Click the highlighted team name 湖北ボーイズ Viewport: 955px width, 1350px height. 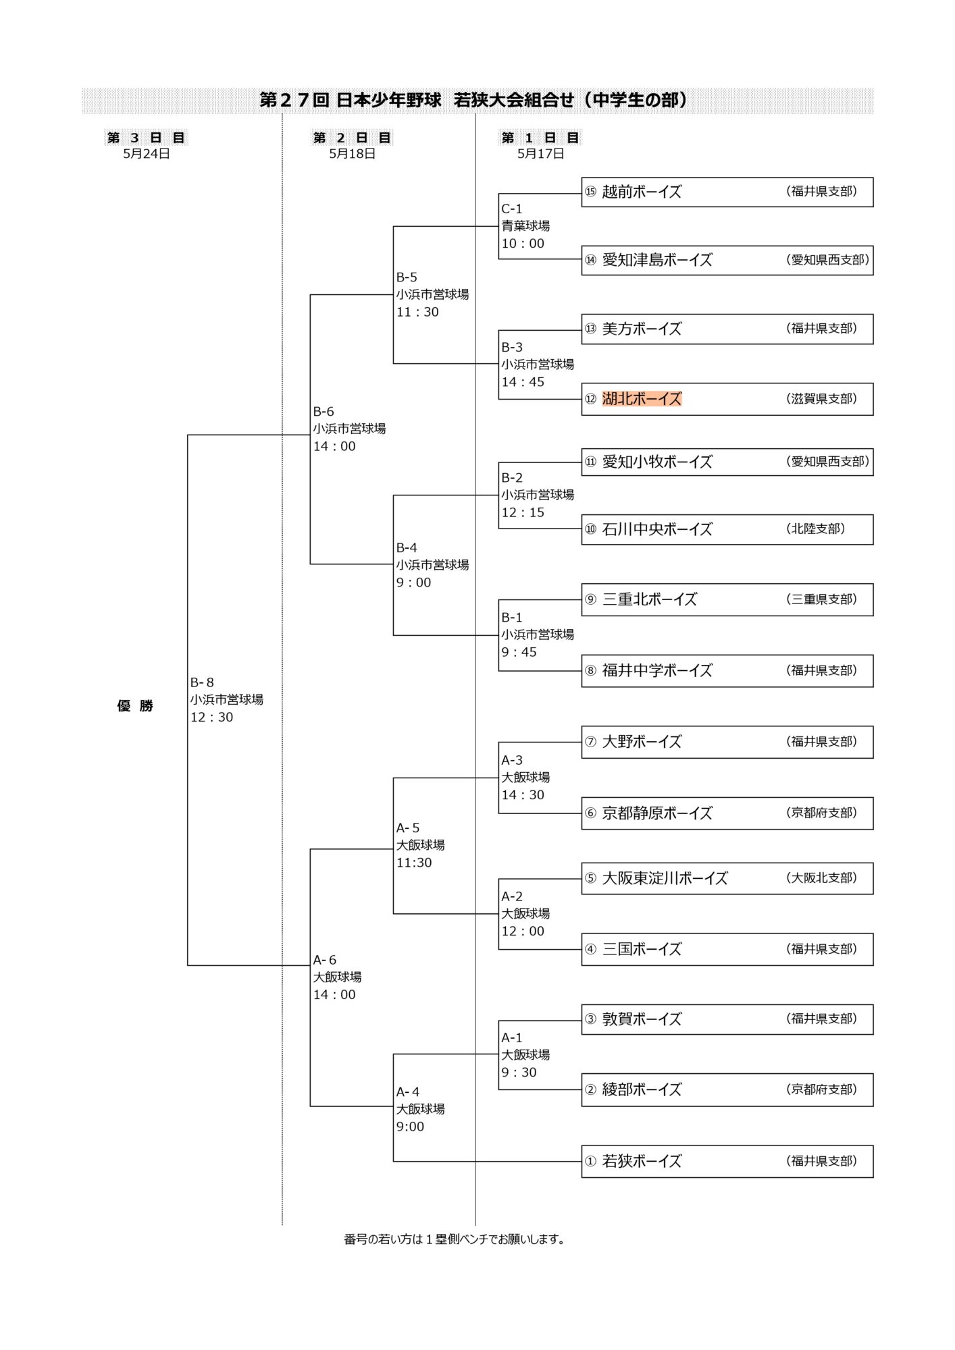(x=642, y=399)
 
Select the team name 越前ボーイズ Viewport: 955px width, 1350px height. (x=642, y=192)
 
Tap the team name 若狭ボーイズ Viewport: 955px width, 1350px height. (x=642, y=1161)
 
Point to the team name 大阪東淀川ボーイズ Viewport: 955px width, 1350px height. (x=665, y=878)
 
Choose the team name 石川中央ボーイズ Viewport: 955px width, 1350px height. (x=657, y=529)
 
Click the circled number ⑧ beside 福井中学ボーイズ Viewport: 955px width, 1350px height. (x=591, y=670)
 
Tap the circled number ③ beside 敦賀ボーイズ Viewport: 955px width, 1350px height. (x=591, y=1019)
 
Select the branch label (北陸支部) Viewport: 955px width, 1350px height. (x=816, y=529)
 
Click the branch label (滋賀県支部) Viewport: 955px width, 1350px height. (x=821, y=398)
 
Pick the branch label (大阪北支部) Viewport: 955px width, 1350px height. (x=821, y=878)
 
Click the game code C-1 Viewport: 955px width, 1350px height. (x=511, y=209)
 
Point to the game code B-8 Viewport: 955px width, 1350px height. (x=202, y=682)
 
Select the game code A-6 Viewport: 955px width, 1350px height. (x=324, y=960)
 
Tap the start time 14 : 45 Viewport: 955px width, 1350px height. (x=523, y=382)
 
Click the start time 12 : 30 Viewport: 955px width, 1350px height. (x=211, y=718)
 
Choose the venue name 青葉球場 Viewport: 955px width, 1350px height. (x=525, y=225)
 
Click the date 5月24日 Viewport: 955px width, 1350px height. (x=147, y=154)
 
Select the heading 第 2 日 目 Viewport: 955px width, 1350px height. (x=352, y=138)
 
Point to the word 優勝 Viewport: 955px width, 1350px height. (x=135, y=706)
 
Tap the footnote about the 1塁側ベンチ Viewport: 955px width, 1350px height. (x=455, y=1239)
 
